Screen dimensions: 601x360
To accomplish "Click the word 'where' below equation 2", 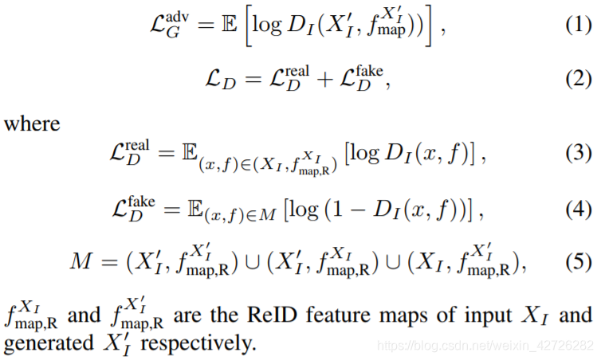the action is [x=31, y=123].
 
